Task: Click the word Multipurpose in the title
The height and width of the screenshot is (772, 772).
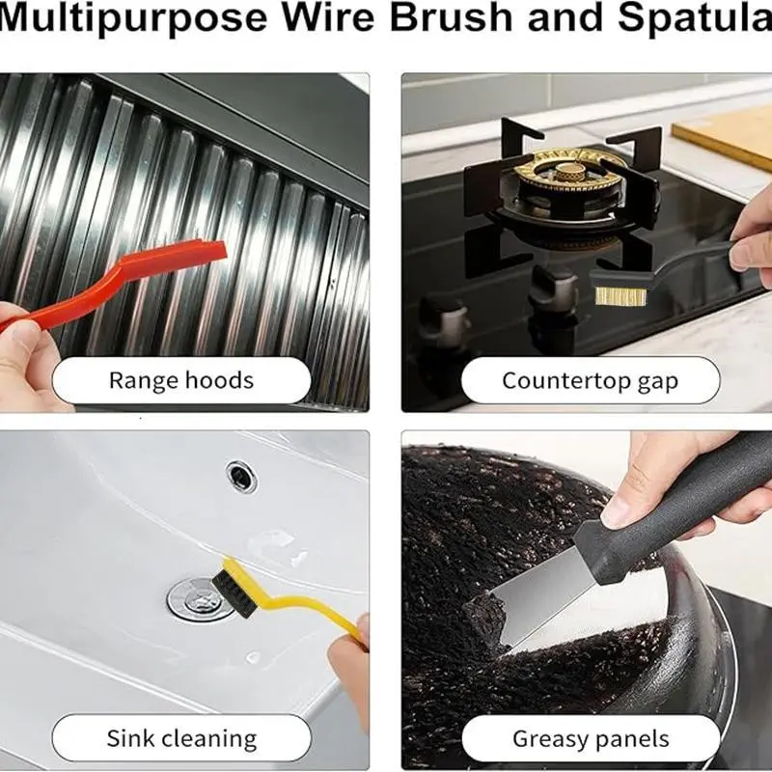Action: pyautogui.click(x=132, y=19)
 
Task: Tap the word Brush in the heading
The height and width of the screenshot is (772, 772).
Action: pyautogui.click(x=452, y=17)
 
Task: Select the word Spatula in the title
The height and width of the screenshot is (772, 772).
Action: pyautogui.click(x=694, y=19)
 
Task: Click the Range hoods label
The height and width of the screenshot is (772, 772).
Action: pyautogui.click(x=181, y=380)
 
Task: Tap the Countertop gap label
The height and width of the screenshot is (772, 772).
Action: pyautogui.click(x=591, y=380)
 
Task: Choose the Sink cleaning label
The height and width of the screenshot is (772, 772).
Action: pyautogui.click(x=181, y=738)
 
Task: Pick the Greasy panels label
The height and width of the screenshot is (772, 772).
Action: pyautogui.click(x=591, y=738)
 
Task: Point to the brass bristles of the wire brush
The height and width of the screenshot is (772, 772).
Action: pyautogui.click(x=620, y=296)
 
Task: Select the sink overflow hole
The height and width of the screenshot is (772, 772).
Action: pyautogui.click(x=242, y=477)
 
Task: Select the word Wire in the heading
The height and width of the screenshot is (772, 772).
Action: pyautogui.click(x=328, y=17)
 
